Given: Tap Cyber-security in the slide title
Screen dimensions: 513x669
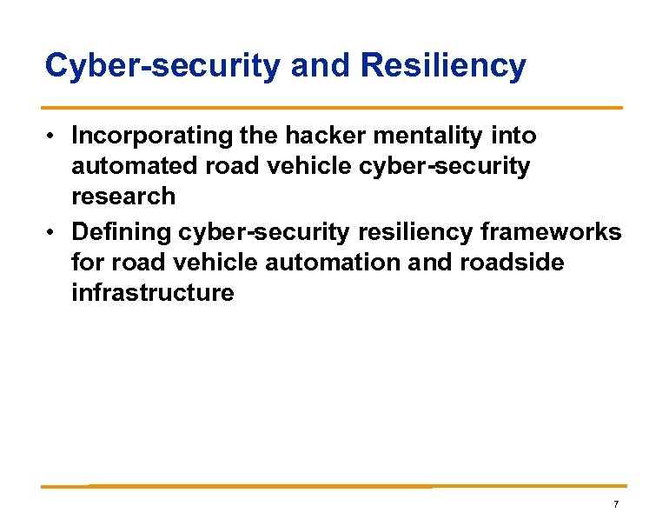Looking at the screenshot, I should pos(162,65).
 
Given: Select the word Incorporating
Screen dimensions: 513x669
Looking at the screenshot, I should pos(151,136).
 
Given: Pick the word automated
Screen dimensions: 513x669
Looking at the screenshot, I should pos(131,166).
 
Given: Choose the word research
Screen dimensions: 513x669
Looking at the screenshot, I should pos(123,196).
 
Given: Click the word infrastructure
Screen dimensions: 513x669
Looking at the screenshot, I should pos(153,292).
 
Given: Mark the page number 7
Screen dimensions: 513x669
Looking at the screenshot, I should pos(615,504).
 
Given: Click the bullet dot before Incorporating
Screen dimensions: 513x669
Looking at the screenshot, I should pos(53,137).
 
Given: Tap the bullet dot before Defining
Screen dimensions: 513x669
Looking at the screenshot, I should pos(53,233).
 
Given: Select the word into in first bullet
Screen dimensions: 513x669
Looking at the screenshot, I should pos(513,136).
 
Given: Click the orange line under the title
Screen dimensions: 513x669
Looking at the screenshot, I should pos(334,108).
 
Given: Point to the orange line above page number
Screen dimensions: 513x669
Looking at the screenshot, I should pos(334,486).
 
